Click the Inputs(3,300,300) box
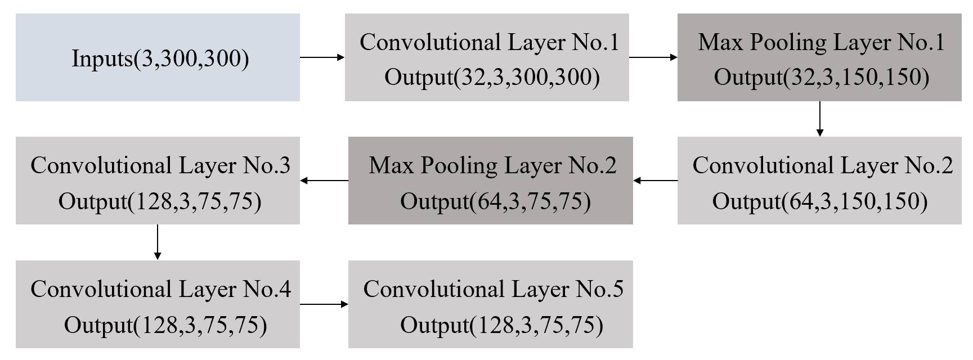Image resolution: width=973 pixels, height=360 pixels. tap(158, 58)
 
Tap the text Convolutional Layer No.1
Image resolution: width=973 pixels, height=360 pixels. tap(489, 42)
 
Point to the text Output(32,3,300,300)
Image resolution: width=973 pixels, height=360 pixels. tap(492, 77)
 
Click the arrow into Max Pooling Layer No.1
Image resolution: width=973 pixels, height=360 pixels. tap(653, 57)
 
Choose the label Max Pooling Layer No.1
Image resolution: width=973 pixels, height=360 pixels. tap(822, 42)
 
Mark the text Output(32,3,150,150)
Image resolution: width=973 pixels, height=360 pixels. tap(822, 77)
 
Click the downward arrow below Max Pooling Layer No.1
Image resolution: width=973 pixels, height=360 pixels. tap(819, 119)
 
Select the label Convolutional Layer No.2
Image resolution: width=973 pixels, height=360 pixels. tap(823, 165)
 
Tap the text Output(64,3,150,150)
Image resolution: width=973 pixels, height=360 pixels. tap(820, 201)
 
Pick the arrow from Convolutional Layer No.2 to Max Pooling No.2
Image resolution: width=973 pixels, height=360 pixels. tap(656, 181)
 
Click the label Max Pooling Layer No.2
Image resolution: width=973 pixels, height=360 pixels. tap(492, 165)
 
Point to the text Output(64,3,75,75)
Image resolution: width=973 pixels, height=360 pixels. tap(495, 201)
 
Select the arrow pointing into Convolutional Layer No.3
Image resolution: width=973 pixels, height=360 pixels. tap(324, 181)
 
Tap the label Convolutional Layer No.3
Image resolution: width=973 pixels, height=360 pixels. tap(160, 165)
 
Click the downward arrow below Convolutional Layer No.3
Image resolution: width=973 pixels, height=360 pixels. tap(158, 242)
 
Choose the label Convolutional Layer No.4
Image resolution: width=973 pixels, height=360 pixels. tap(160, 289)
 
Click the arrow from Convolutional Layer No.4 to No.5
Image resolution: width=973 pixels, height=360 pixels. tap(324, 304)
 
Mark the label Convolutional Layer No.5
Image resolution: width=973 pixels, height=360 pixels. tap(493, 289)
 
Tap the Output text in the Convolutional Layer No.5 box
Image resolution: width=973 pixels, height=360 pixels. tap(501, 325)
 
